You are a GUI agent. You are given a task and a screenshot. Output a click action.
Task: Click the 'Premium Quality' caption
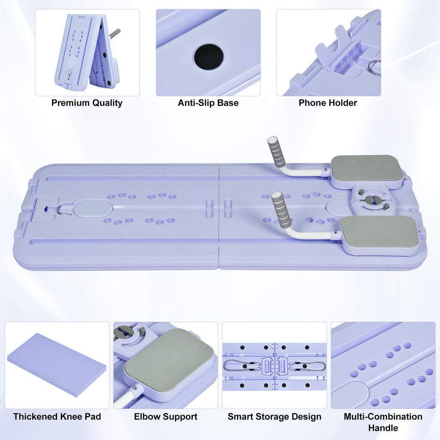[x=87, y=103]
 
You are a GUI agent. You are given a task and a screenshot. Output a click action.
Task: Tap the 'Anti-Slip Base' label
[x=208, y=103]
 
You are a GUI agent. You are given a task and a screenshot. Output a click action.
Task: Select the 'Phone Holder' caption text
[x=328, y=103]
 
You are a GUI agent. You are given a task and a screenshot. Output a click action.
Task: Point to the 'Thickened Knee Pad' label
[x=57, y=417]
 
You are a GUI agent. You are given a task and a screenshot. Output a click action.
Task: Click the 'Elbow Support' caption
[x=165, y=417]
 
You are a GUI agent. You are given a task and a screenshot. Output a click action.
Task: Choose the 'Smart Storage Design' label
[x=275, y=417]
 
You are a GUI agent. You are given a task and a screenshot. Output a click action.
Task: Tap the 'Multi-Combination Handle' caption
[x=383, y=422]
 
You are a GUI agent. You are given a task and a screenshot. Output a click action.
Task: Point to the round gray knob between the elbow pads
[x=372, y=199]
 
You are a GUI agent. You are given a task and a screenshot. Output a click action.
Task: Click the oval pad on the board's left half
[x=93, y=208]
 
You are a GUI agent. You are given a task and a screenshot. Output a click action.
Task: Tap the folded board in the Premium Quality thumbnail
[x=87, y=52]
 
